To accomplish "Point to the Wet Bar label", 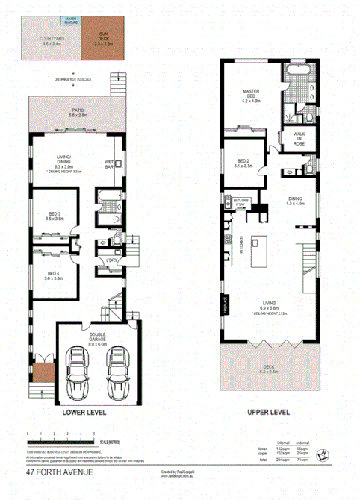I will (109, 163).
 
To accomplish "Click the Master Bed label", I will (249, 96).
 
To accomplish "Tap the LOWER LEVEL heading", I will (83, 413).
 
